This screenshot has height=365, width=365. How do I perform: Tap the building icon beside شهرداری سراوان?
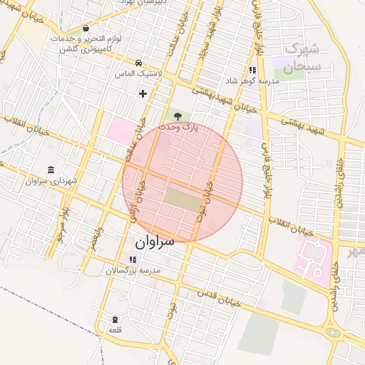point(51,170)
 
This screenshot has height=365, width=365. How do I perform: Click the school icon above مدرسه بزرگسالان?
point(132,259)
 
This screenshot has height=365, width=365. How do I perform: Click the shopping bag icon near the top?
point(86,29)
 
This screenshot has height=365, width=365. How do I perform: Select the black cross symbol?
point(143,93)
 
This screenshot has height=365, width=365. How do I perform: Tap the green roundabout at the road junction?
point(332,331)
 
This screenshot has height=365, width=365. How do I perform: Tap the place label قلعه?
point(115,331)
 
